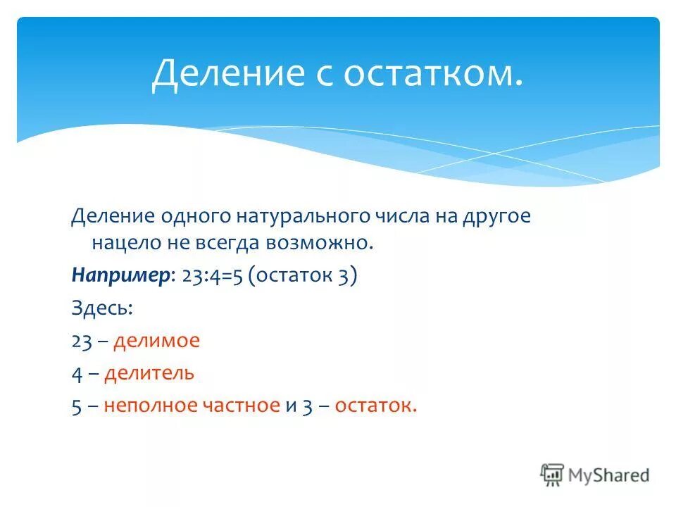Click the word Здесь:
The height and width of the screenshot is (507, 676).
coord(102,308)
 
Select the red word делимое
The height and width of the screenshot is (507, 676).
coord(157,341)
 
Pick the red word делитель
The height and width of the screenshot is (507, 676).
coord(149,373)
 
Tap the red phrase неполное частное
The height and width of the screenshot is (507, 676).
coord(192,406)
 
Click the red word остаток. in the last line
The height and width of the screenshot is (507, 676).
coord(375,406)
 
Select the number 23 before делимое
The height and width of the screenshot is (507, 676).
coord(82,341)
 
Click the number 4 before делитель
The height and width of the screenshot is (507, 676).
coord(77,373)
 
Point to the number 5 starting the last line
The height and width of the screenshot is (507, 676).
coord(76,406)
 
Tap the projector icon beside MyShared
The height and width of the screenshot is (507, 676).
coord(552,475)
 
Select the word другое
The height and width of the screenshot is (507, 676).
coord(497,217)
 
